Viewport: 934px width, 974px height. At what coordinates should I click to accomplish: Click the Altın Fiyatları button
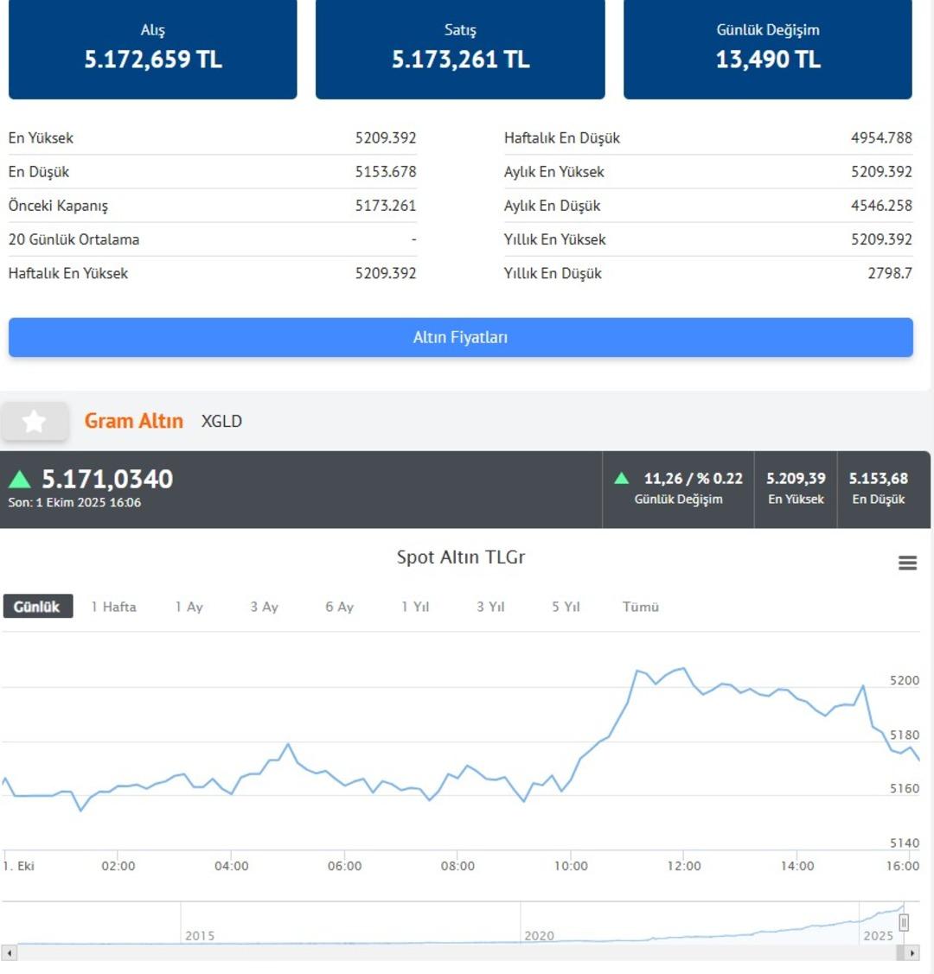click(x=460, y=337)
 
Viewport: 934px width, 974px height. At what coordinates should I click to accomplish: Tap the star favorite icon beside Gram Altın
click(x=35, y=421)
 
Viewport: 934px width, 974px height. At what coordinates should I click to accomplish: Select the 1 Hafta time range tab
click(x=114, y=607)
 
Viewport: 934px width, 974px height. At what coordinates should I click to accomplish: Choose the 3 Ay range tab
click(x=264, y=607)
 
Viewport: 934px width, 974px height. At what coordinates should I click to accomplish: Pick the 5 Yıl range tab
click(x=566, y=607)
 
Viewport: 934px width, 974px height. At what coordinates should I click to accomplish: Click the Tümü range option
click(x=641, y=607)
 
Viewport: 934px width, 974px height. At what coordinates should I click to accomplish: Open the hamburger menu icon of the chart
click(x=907, y=563)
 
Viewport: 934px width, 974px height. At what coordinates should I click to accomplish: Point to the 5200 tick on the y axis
click(x=905, y=680)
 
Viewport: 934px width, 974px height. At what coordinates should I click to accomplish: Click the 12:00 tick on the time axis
click(x=684, y=865)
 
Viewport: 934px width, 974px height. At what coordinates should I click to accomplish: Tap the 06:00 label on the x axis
click(x=344, y=865)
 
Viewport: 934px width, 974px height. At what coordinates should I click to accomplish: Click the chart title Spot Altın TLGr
click(x=461, y=557)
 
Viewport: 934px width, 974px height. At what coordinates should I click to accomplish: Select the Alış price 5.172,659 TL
click(x=153, y=60)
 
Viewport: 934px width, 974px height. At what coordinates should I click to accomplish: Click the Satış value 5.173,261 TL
click(x=460, y=60)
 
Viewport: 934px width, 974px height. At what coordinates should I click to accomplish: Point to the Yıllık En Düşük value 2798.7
click(x=890, y=273)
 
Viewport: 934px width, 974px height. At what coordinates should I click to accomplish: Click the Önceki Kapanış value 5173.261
click(x=385, y=206)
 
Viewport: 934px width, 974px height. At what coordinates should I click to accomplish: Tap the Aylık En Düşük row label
click(x=552, y=206)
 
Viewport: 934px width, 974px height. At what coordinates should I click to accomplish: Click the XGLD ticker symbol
click(x=221, y=421)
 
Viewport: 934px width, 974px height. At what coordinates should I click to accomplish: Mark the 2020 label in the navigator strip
click(x=539, y=935)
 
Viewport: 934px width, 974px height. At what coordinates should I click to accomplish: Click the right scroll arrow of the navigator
click(x=912, y=952)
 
